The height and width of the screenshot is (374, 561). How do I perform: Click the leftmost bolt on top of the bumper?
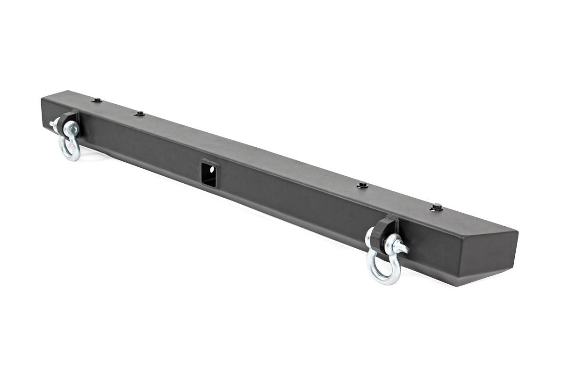pyautogui.click(x=97, y=100)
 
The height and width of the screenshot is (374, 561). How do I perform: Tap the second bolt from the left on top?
pyautogui.click(x=139, y=113)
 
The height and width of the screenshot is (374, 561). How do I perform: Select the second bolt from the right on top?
pyautogui.click(x=362, y=185)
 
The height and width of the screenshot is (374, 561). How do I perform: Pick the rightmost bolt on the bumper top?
pyautogui.click(x=437, y=206)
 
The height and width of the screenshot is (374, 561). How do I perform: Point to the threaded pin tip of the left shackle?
pyautogui.click(x=52, y=124)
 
